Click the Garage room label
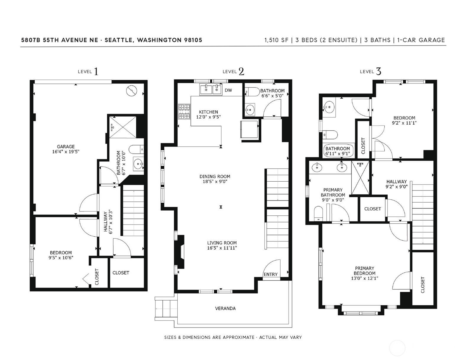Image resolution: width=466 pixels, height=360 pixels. click(x=66, y=146)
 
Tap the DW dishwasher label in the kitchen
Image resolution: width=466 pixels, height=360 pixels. click(x=228, y=90)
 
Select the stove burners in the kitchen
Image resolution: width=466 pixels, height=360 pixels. click(x=185, y=112)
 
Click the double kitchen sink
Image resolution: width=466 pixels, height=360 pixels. click(x=211, y=89)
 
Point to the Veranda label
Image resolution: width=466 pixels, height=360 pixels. click(x=225, y=308)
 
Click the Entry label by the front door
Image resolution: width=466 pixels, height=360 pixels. click(x=271, y=274)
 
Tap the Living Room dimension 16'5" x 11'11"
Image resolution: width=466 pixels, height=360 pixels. click(x=222, y=248)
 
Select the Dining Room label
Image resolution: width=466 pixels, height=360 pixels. click(x=215, y=176)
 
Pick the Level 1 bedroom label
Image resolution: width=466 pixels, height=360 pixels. click(x=61, y=253)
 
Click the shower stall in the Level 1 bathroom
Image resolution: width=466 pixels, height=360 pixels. click(x=123, y=127)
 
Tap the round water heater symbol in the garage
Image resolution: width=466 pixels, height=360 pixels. click(x=132, y=91)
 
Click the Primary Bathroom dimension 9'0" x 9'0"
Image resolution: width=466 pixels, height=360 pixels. click(x=333, y=200)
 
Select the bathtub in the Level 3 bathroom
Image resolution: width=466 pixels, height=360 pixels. click(x=338, y=151)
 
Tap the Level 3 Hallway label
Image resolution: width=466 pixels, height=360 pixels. click(x=397, y=182)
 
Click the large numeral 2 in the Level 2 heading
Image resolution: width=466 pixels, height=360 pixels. click(x=241, y=72)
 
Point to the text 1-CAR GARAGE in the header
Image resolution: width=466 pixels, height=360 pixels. click(x=421, y=40)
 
